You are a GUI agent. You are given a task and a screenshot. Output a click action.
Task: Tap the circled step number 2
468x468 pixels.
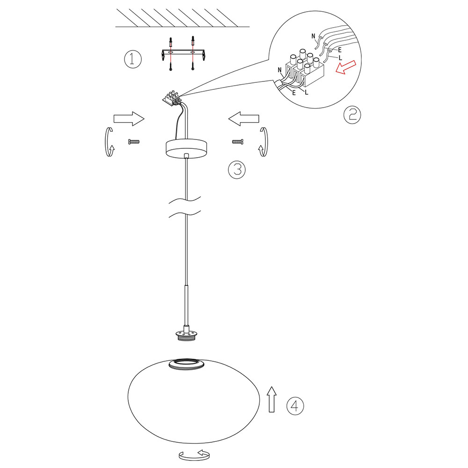(352, 115)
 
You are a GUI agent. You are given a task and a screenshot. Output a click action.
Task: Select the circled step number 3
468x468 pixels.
(237, 170)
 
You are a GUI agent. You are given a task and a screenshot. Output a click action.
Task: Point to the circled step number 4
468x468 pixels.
(295, 406)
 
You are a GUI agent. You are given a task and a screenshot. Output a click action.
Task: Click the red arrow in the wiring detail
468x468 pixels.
(346, 67)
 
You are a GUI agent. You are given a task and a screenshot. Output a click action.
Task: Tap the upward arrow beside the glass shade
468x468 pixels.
(271, 399)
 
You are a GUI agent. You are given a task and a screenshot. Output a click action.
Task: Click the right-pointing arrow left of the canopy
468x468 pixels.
(129, 119)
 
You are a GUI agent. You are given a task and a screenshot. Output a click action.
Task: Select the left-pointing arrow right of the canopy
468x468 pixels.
(244, 119)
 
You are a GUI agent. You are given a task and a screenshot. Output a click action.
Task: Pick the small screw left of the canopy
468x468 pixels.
(134, 142)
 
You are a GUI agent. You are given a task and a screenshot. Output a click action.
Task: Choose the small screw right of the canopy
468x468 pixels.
(238, 142)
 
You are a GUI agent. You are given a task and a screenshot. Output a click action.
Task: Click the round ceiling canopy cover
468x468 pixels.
(187, 148)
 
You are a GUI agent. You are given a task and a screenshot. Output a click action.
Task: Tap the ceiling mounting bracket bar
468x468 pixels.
(183, 53)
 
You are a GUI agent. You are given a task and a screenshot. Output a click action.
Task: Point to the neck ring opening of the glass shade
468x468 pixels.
(187, 365)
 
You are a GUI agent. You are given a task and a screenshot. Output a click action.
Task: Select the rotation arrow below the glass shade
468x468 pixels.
(194, 455)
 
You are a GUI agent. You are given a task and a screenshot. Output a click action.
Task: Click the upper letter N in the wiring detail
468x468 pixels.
(313, 36)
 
